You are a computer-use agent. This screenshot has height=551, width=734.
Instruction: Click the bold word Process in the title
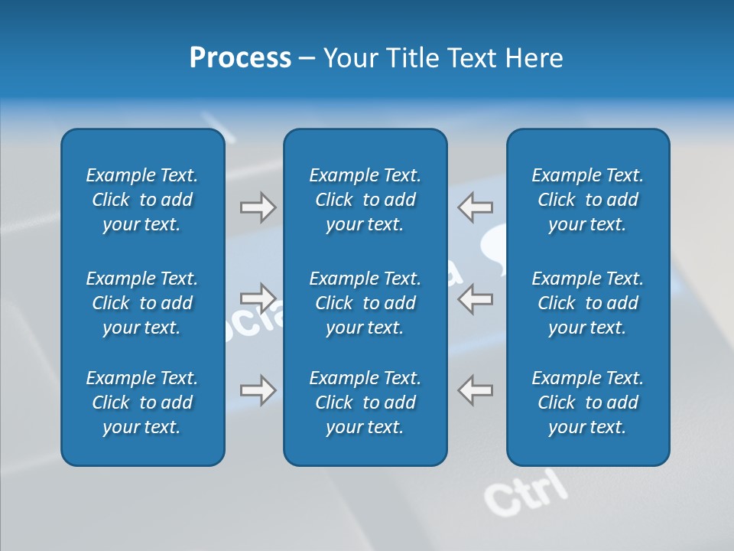click(240, 58)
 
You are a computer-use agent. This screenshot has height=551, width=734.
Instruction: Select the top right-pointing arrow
click(258, 207)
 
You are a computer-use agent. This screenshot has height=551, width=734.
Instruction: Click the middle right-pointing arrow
click(258, 298)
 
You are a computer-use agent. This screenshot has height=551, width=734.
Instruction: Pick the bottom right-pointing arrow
click(258, 390)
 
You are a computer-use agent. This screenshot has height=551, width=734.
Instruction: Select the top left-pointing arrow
click(475, 207)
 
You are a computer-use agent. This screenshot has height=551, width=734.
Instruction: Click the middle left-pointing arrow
click(475, 298)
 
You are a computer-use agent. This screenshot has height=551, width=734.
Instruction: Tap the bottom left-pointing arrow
click(475, 390)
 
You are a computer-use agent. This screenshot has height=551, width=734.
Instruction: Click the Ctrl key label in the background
click(527, 491)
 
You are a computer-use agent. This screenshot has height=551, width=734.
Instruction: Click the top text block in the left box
click(142, 200)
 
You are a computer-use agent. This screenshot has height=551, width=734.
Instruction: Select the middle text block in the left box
click(142, 303)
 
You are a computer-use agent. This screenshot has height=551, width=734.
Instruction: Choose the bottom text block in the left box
click(142, 403)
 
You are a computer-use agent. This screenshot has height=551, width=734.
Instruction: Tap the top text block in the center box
click(365, 200)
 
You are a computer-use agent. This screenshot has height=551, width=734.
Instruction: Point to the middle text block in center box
click(365, 303)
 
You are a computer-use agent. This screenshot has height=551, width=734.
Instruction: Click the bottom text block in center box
click(365, 403)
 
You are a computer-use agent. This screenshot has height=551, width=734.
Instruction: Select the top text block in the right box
click(587, 200)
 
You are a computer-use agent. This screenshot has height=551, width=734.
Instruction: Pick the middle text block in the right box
click(587, 303)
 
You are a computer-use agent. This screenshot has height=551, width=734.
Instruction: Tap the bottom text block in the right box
click(587, 403)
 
